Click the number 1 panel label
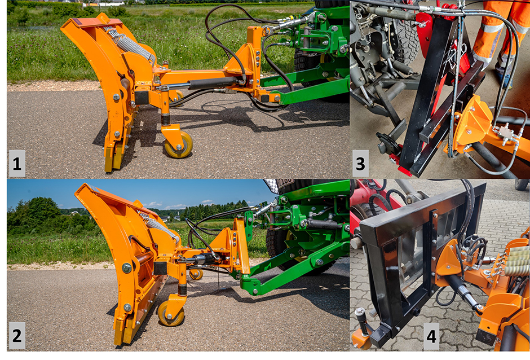coord(16,164)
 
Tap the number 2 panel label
coord(16,336)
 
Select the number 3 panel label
coord(360,164)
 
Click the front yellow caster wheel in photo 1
coord(179,145)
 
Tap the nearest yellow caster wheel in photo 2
coord(171,313)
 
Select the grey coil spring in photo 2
coord(158,225)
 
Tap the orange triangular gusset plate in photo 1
coord(241,59)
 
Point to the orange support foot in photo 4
coord(361,337)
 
